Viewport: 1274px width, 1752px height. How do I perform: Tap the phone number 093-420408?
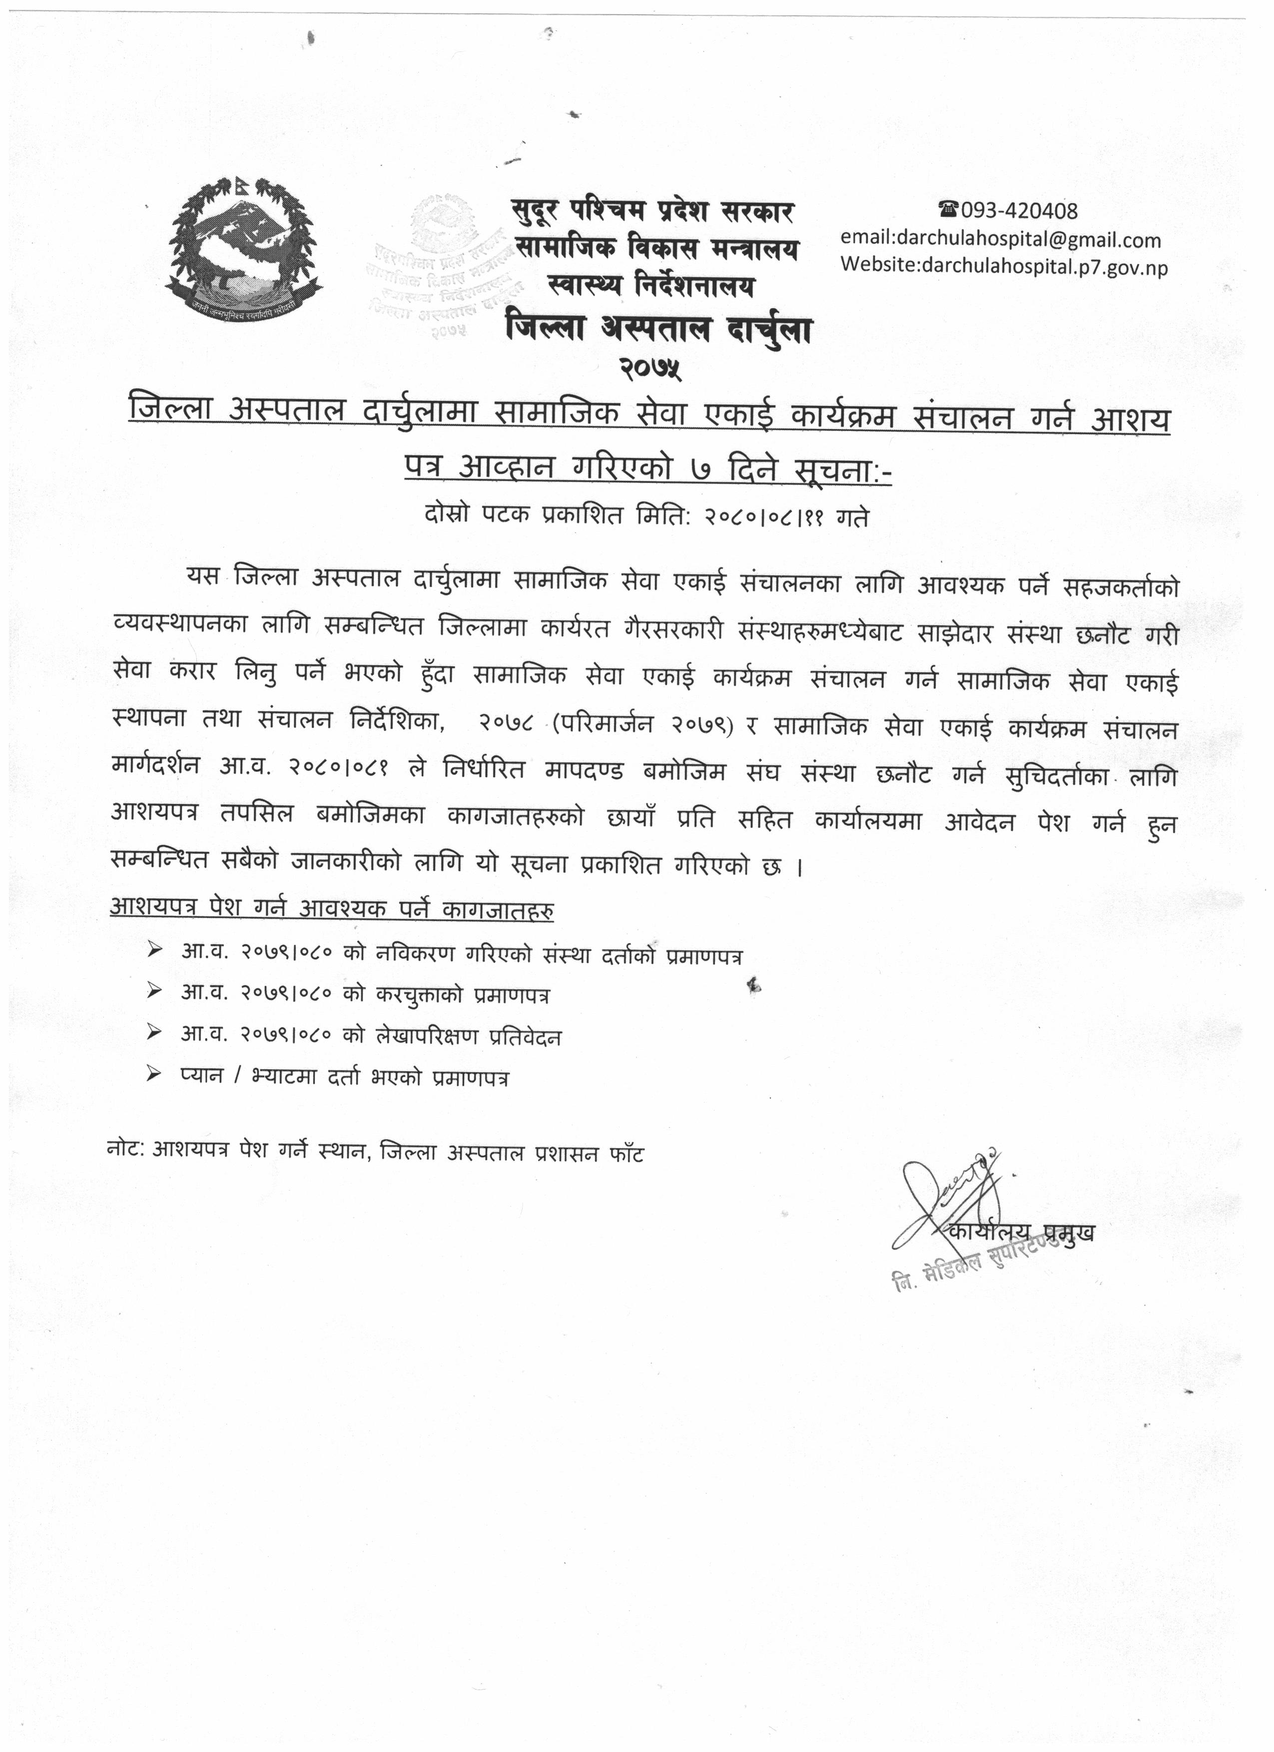pos(1018,210)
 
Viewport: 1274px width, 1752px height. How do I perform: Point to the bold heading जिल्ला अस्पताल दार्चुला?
pos(658,331)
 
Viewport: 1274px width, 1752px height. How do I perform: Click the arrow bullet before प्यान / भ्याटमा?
pos(154,1076)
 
